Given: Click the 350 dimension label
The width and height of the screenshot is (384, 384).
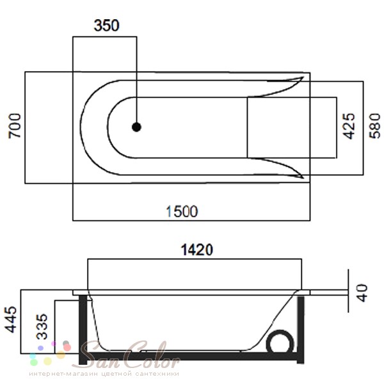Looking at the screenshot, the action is (106, 26).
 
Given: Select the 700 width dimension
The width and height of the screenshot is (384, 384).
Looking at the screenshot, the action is (15, 126).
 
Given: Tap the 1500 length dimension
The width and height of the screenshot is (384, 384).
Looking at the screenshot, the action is (182, 212).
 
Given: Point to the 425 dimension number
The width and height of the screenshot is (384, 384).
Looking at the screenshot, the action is (349, 126).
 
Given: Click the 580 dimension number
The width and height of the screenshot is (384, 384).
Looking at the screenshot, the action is (374, 126).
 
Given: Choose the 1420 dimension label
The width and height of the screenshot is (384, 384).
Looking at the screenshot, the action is (196, 250).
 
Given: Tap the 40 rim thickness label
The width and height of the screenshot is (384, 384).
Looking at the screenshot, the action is (362, 293).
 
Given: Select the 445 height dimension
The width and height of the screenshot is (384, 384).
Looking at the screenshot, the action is (11, 319).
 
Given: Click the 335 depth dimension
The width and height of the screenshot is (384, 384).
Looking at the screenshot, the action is (42, 326).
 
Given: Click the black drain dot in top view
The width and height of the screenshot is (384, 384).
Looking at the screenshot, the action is (136, 127).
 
